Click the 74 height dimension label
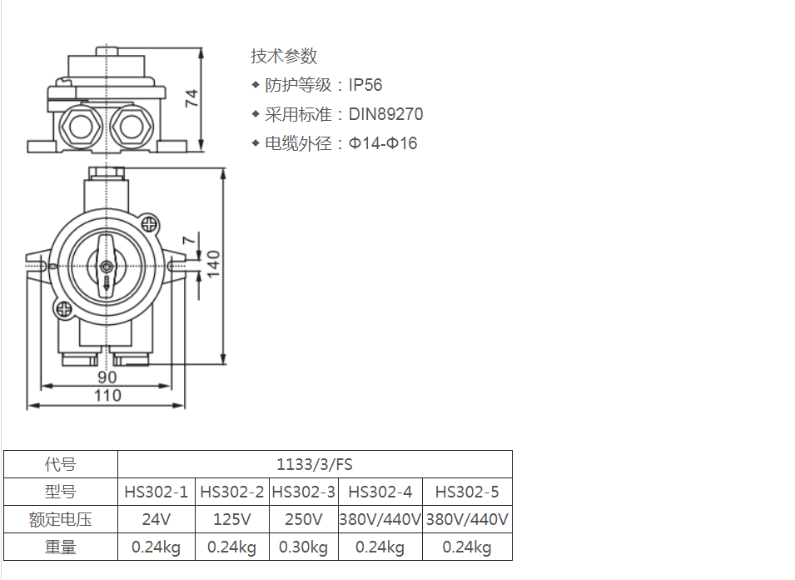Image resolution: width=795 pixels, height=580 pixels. point(191,98)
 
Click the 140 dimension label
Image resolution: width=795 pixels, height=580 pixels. point(213,263)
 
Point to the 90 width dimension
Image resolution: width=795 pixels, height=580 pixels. point(107,377)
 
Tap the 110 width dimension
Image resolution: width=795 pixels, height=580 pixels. point(107,395)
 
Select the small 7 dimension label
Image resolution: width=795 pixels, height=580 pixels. point(189,239)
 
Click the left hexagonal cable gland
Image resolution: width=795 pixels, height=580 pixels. point(81,126)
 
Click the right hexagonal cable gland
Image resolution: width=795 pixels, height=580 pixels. point(132,126)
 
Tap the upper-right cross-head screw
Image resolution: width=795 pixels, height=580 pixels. point(149,223)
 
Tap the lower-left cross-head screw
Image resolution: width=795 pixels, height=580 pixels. point(64,308)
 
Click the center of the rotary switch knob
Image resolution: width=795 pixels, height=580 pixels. point(107,267)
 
